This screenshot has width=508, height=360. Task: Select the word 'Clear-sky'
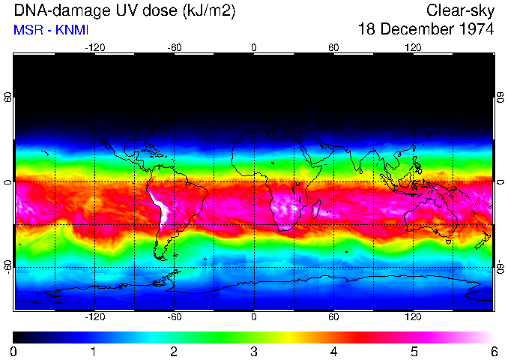pyautogui.click(x=460, y=10)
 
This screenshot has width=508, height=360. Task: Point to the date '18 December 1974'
pyautogui.click(x=426, y=30)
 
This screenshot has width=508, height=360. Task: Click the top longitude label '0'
pyautogui.click(x=254, y=47)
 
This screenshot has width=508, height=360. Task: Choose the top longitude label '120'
pyautogui.click(x=413, y=47)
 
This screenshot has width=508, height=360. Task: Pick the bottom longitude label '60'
pyautogui.click(x=333, y=317)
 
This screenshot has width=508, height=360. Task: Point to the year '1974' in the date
pyautogui.click(x=475, y=30)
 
